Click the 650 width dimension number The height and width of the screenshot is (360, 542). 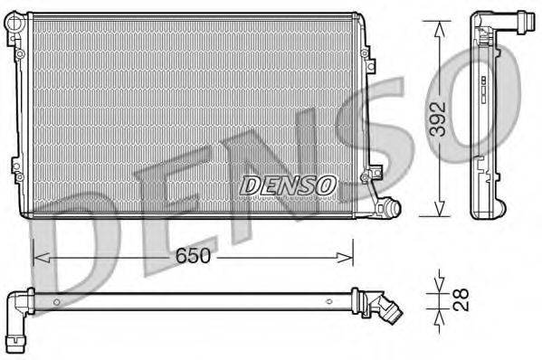coord(193,256)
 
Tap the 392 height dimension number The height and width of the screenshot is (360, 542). coord(438,118)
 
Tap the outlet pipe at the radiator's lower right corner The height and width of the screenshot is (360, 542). coord(387,208)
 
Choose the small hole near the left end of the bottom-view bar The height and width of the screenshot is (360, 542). coord(55,301)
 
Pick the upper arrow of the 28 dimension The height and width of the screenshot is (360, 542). coord(438,277)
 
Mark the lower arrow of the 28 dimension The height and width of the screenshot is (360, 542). coord(438,321)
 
